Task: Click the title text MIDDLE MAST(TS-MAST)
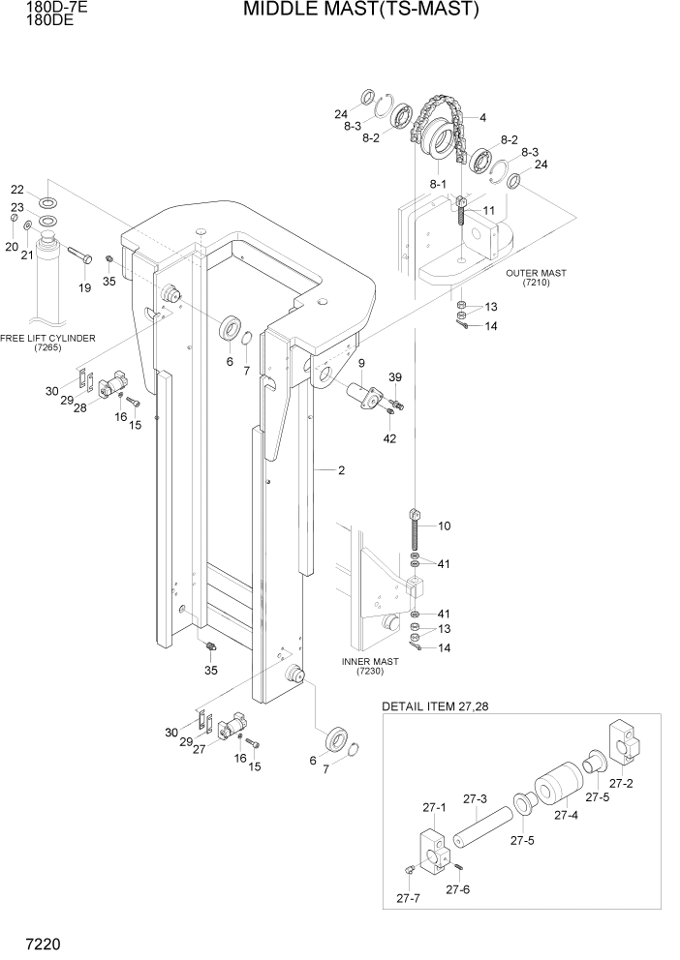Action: [x=360, y=11]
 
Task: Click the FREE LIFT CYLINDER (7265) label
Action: [x=47, y=343]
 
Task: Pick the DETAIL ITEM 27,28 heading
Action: [x=435, y=706]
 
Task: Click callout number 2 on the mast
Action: [x=341, y=470]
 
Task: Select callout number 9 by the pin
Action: [x=360, y=363]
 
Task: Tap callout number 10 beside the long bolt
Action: [x=445, y=526]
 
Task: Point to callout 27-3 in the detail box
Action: [x=474, y=799]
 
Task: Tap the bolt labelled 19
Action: [x=79, y=256]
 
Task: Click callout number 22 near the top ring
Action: [x=17, y=190]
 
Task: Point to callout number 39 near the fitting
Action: [x=394, y=376]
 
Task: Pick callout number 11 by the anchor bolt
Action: [x=488, y=210]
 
